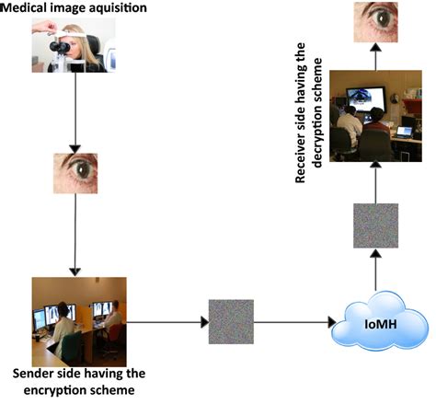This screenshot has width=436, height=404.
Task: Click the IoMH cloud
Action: [x=380, y=323]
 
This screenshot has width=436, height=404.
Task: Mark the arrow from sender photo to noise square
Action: [x=166, y=322]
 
